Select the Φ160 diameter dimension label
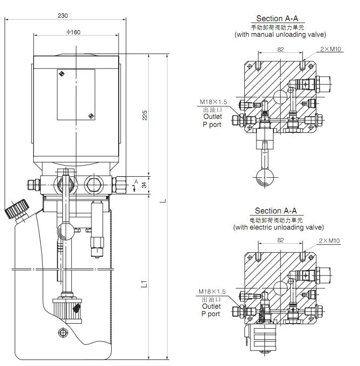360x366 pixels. (x=73, y=32)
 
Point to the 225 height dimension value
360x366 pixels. (x=145, y=115)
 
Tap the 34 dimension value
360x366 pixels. (x=145, y=185)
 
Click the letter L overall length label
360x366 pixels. (x=162, y=201)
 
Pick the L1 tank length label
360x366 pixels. (x=145, y=283)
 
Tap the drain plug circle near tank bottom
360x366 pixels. (x=62, y=332)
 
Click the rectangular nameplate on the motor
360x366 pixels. (x=76, y=94)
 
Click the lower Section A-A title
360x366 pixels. (x=276, y=210)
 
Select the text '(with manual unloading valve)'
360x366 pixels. (x=280, y=35)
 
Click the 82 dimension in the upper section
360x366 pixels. (x=281, y=50)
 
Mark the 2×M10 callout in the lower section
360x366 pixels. (x=329, y=241)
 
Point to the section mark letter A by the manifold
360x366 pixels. (x=136, y=181)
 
